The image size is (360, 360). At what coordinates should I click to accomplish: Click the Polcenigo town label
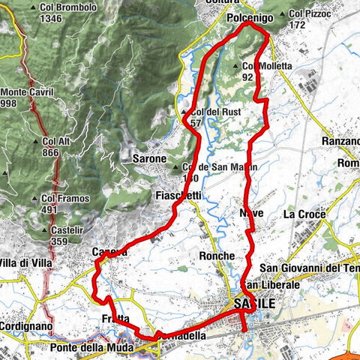click(x=247, y=16)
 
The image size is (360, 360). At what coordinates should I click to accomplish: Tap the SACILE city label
click(x=254, y=304)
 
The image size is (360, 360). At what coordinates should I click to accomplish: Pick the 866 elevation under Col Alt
click(x=51, y=152)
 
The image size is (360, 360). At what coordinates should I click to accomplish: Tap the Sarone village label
click(x=148, y=159)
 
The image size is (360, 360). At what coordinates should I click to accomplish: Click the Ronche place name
click(x=217, y=255)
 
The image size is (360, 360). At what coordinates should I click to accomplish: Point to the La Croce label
click(x=304, y=214)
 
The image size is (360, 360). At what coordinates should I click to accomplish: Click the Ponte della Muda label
click(x=91, y=348)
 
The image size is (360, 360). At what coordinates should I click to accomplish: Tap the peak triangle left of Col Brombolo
click(x=33, y=7)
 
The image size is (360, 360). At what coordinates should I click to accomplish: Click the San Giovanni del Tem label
click(x=310, y=268)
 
